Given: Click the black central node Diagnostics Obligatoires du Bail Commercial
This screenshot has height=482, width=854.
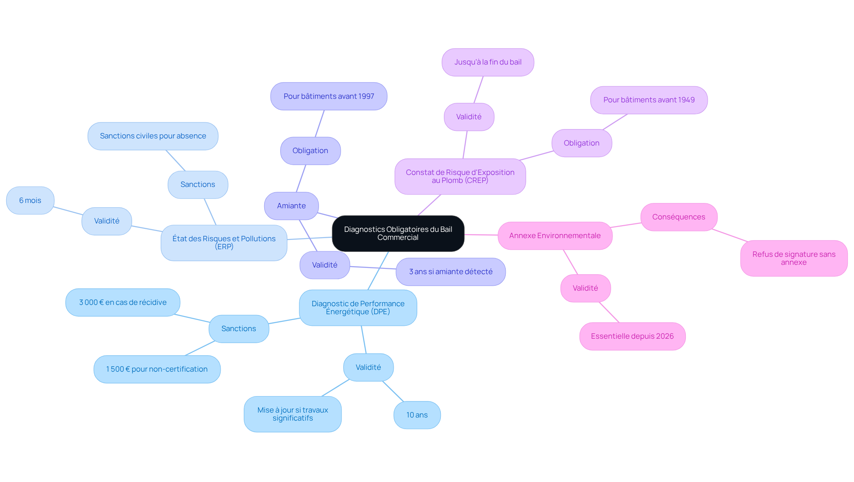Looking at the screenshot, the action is tap(398, 234).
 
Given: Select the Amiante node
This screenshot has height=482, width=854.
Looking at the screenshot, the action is tap(291, 206).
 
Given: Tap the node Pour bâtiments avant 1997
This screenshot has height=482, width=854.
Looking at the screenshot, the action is tap(329, 96).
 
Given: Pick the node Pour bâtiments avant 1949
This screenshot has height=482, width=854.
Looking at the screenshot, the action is tap(649, 100).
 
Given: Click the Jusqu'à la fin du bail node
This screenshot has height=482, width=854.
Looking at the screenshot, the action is tap(488, 62).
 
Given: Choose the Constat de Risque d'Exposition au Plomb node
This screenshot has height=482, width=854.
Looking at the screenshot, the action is tap(460, 177).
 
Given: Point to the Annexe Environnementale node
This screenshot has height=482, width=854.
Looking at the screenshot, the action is tap(555, 236).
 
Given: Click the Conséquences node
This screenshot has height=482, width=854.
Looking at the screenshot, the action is tap(679, 217).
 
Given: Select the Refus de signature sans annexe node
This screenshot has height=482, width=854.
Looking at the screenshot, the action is tap(794, 259).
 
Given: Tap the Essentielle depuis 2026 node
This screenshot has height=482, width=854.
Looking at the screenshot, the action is tap(632, 336).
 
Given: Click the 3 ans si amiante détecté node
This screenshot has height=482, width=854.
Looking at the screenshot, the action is tap(451, 272).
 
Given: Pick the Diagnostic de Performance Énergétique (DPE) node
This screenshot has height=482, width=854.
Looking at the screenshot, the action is tap(358, 308).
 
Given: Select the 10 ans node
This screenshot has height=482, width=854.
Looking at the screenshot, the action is tap(417, 415).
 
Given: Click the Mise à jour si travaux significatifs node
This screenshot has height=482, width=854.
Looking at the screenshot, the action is tap(293, 414).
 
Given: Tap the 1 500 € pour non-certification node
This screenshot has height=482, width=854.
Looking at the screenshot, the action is tap(157, 369).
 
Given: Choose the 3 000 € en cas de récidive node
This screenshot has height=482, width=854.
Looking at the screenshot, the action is tap(123, 303).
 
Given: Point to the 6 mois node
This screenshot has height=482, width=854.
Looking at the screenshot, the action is tap(30, 201).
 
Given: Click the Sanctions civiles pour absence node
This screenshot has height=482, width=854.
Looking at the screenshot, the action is tap(153, 136).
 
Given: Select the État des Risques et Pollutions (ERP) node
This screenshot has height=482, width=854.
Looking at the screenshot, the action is tap(224, 243).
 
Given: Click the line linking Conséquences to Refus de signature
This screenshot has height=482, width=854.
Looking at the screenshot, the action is tap(730, 235).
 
